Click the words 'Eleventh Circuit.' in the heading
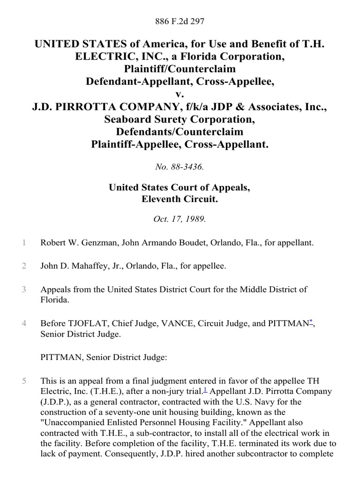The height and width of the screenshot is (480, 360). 180,199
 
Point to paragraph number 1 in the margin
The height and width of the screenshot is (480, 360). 23,243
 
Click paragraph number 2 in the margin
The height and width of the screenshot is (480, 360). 23,266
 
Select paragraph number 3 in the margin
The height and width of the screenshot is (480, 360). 23,290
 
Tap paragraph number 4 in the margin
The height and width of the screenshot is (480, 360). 23,323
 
